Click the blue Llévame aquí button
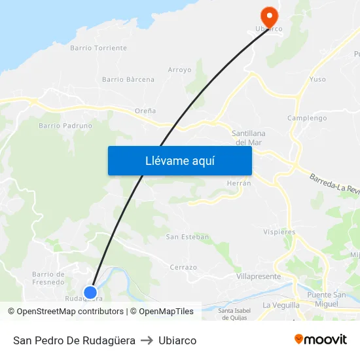(x=179, y=160)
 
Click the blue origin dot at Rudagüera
(x=90, y=293)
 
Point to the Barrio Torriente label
(x=98, y=48)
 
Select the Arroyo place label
(x=179, y=69)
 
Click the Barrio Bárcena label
(x=128, y=80)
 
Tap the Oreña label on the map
(x=145, y=111)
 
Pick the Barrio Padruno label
(x=65, y=126)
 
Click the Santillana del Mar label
(x=249, y=137)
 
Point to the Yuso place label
(x=317, y=80)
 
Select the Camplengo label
(x=307, y=118)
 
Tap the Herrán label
(x=239, y=183)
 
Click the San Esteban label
(x=187, y=236)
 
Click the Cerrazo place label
(x=183, y=267)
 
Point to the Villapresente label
(x=258, y=277)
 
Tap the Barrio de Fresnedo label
(x=48, y=278)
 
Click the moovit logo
(x=320, y=339)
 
